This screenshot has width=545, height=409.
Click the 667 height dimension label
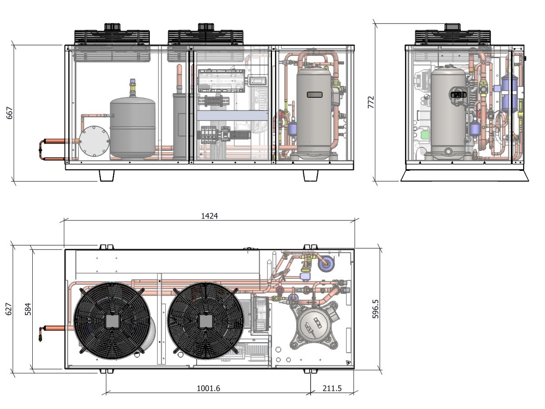10,113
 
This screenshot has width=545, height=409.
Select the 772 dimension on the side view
371,102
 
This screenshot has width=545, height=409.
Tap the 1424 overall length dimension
209,216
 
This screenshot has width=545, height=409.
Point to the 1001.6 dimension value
208,388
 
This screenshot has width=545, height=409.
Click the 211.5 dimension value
332,388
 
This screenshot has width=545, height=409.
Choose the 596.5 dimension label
376,309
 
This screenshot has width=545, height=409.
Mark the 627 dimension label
9,309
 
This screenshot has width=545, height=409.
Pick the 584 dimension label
28,309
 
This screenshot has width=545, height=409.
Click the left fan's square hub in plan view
112,321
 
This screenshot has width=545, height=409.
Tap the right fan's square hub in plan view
206,321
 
